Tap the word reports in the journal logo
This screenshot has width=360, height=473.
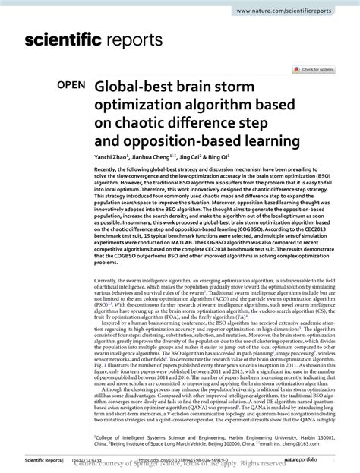(145, 43)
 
